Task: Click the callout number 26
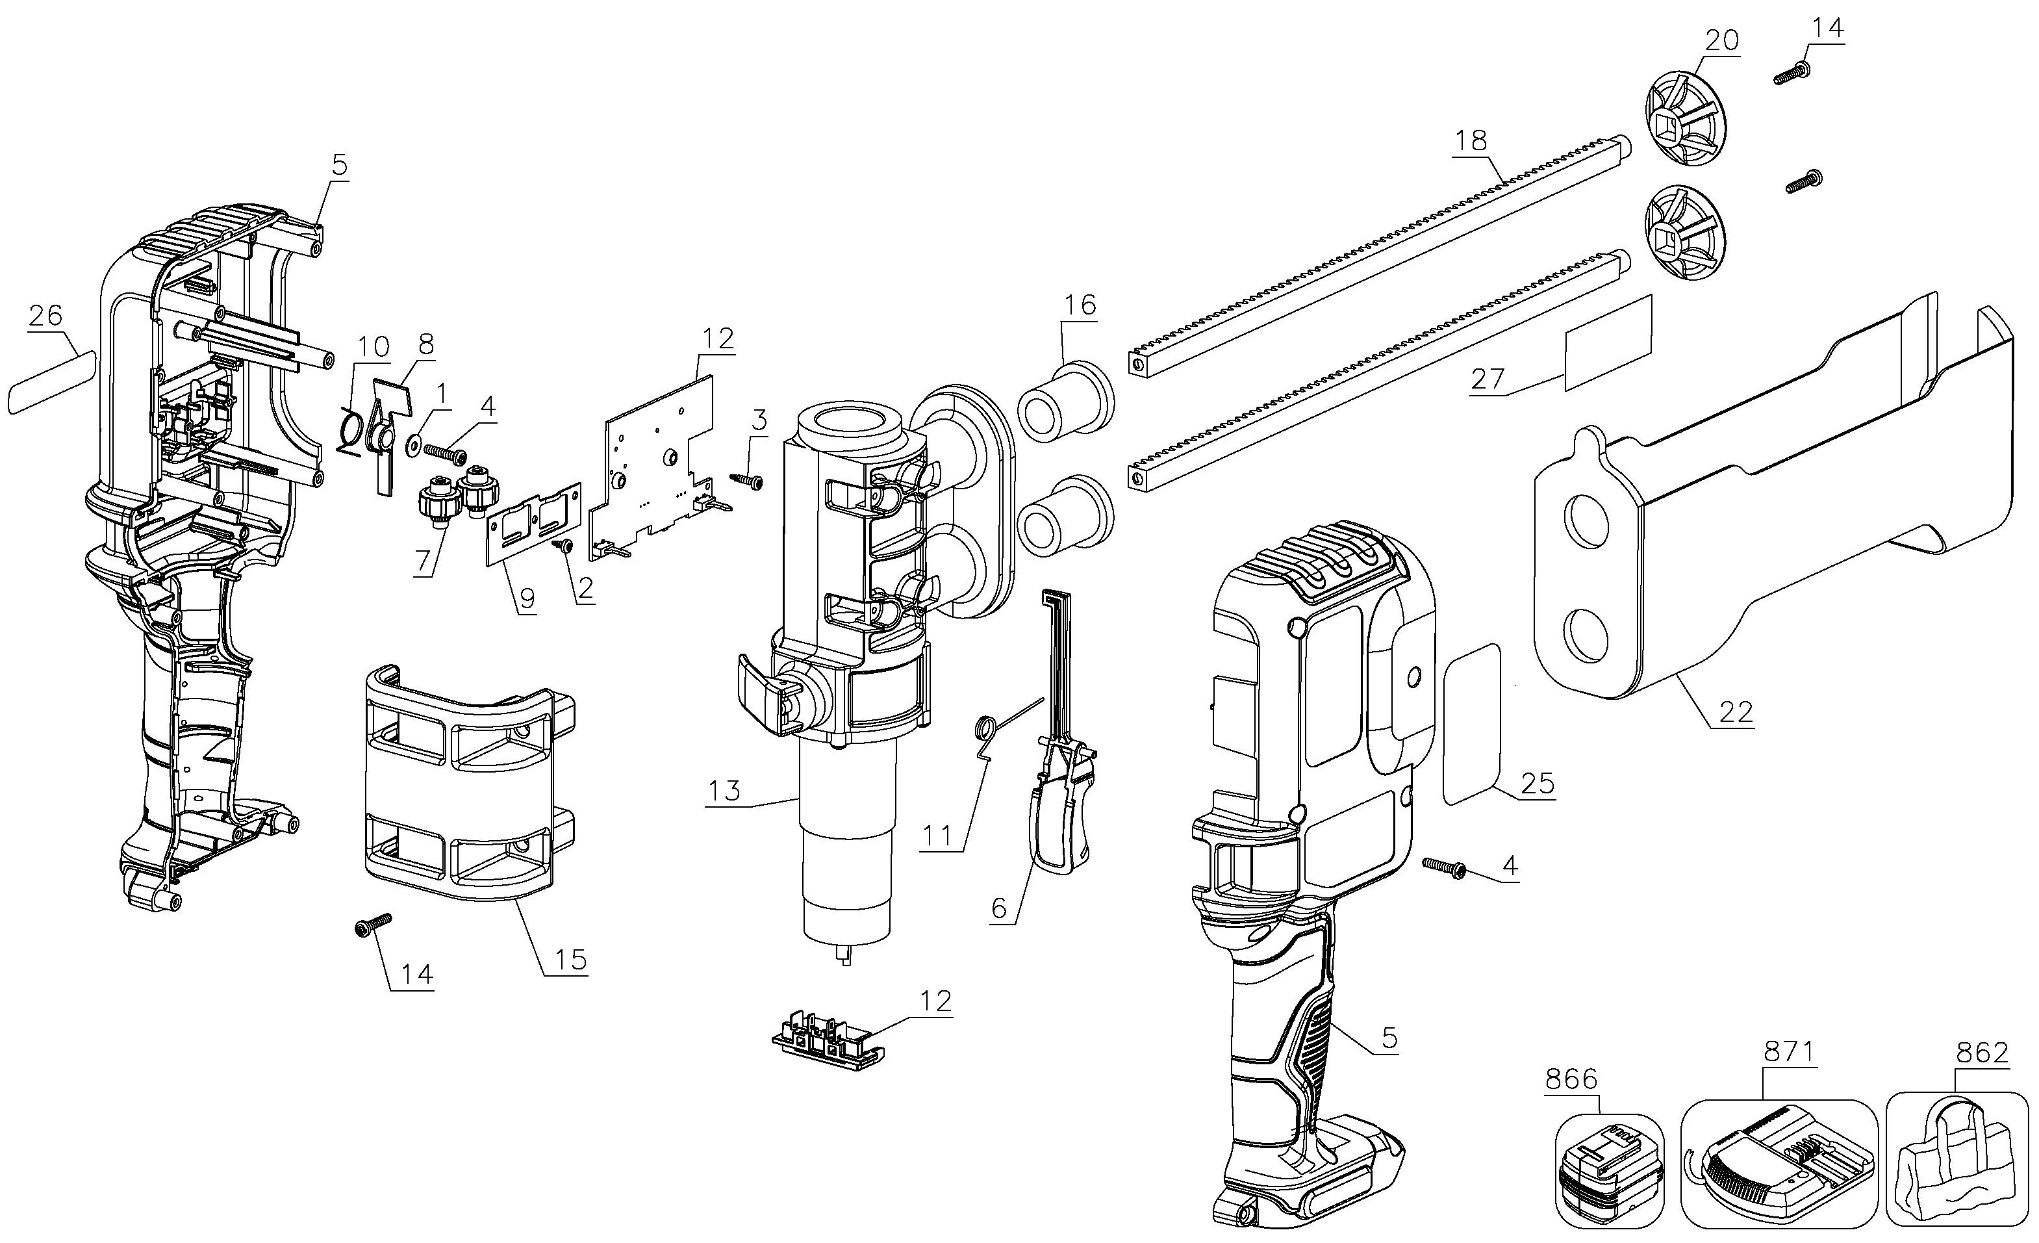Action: (45, 315)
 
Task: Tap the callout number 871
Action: (1788, 1052)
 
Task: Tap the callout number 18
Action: (1471, 141)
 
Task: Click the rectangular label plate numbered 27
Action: (1607, 341)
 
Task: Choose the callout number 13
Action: (723, 791)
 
